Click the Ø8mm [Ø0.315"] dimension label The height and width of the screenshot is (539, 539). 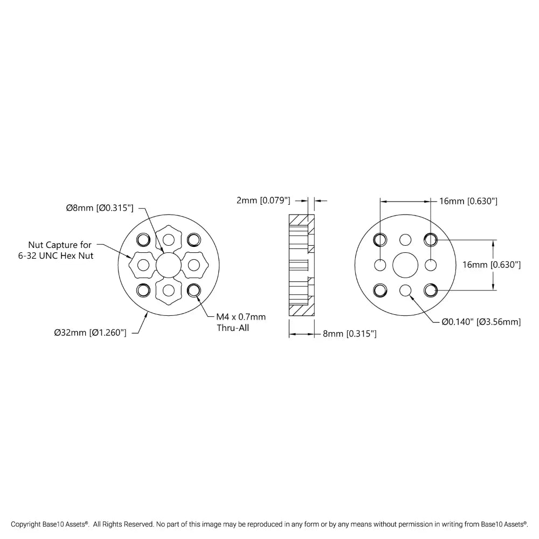pos(99,208)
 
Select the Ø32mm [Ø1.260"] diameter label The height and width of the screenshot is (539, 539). pos(90,333)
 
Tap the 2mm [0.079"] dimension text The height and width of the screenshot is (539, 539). pos(263,201)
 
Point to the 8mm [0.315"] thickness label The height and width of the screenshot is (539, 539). pos(349,334)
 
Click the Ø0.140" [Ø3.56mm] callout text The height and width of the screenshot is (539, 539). pos(481,322)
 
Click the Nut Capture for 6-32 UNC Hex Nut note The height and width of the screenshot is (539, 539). pos(60,250)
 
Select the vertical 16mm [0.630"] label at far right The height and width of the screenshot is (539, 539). pos(492,265)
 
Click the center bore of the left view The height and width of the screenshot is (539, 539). pos(168,265)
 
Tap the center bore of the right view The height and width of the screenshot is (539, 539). pos(405,265)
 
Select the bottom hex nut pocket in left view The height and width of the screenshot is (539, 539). pos(168,291)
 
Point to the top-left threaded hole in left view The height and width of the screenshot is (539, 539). pos(143,239)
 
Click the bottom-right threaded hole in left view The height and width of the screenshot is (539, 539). pos(194,291)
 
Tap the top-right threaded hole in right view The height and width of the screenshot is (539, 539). pos(430,239)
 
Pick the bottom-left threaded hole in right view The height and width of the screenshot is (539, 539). pos(380,291)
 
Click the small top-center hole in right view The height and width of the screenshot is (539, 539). pos(405,239)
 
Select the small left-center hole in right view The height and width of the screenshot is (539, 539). pos(380,265)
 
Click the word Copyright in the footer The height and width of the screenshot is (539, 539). pos(26,524)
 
